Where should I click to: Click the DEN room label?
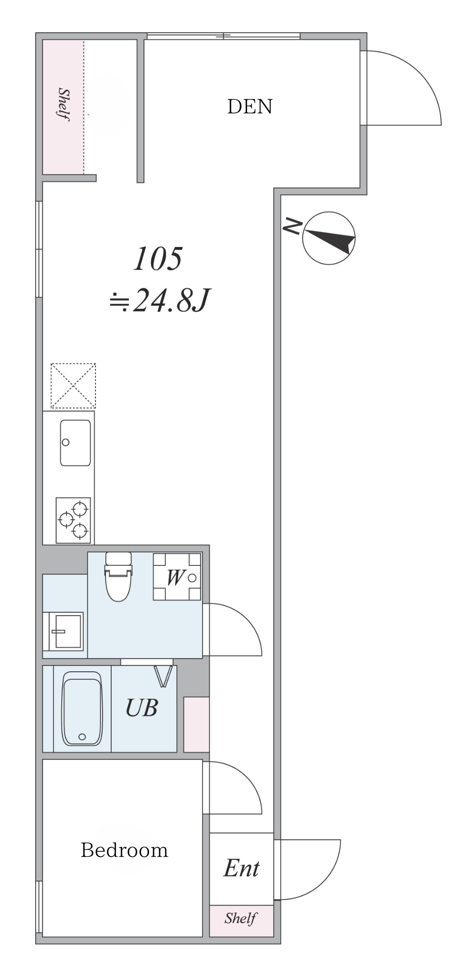[250, 106]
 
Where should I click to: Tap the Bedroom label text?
[124, 850]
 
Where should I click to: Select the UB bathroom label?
[142, 708]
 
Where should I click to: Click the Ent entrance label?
[241, 868]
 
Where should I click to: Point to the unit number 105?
[158, 259]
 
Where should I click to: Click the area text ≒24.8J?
[160, 301]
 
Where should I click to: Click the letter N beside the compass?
[292, 226]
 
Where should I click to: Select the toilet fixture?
[118, 576]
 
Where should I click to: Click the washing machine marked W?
[177, 576]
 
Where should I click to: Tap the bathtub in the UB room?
[82, 708]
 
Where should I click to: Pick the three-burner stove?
[73, 520]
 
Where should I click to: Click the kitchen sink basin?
[75, 443]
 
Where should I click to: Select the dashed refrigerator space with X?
[73, 386]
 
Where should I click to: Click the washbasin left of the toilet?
[66, 631]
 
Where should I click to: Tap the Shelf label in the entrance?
[241, 918]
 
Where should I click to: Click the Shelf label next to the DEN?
[64, 105]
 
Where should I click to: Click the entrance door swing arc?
[323, 883]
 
